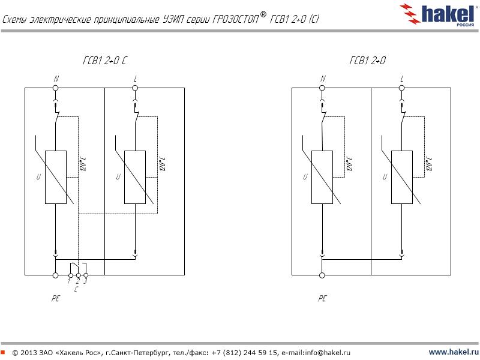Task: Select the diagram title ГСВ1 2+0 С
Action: point(105,61)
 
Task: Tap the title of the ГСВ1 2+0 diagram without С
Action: point(367,61)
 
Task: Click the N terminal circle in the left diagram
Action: point(55,88)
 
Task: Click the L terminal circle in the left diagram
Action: point(135,88)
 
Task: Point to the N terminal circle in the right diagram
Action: point(322,88)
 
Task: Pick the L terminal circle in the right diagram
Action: point(401,88)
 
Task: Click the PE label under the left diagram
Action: point(55,298)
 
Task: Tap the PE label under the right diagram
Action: point(322,298)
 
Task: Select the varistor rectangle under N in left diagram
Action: point(55,177)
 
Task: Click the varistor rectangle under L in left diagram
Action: point(135,177)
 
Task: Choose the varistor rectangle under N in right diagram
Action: point(322,177)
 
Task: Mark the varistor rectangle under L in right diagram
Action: point(401,177)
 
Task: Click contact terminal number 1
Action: point(70,275)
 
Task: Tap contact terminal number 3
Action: point(86,275)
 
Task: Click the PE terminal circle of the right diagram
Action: point(322,275)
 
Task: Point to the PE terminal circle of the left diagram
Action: point(55,275)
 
